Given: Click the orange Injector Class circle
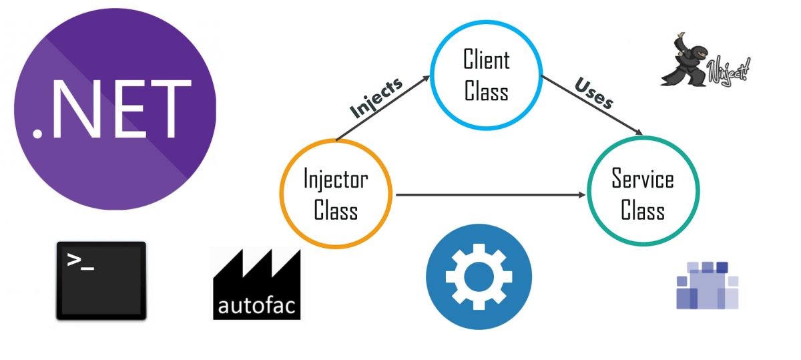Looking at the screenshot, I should click(336, 194).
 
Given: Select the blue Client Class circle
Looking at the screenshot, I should click(486, 75).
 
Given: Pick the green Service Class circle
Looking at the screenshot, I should click(643, 194).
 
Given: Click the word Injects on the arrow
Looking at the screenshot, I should click(376, 98).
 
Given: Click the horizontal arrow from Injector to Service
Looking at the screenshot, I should click(491, 195).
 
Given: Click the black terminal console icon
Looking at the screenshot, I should click(101, 280).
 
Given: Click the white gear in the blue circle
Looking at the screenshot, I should click(479, 277).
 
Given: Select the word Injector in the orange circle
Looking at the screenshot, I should click(336, 180).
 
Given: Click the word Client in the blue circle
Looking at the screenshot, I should click(486, 60).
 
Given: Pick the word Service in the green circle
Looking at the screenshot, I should click(643, 180).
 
